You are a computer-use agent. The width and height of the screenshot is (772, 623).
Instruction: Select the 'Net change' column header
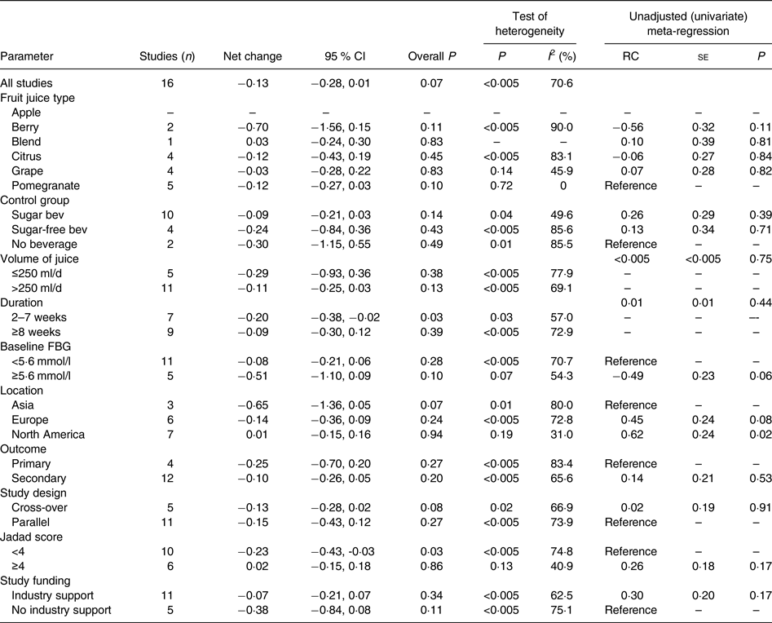click(x=252, y=56)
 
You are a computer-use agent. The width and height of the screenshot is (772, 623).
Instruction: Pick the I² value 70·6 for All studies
click(x=562, y=82)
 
